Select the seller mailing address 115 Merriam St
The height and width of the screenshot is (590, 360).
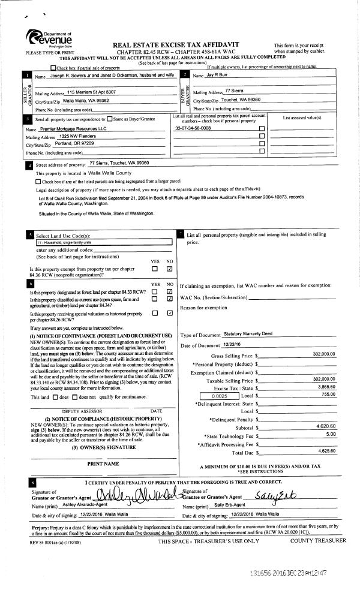tap(91, 92)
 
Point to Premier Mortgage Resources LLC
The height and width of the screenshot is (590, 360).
tap(76, 129)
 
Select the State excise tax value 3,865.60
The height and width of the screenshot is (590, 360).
tap(325, 388)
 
